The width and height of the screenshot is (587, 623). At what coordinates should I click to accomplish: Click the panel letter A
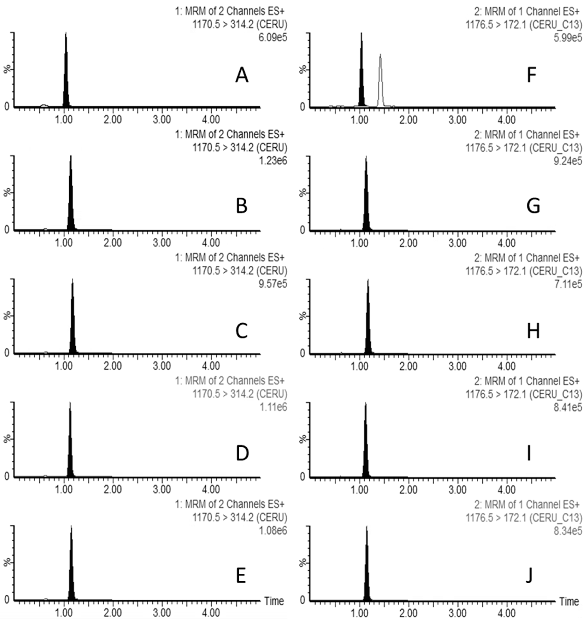242,75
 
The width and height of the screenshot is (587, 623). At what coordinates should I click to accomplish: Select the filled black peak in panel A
66,81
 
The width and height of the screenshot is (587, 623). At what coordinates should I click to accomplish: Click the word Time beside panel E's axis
274,601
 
